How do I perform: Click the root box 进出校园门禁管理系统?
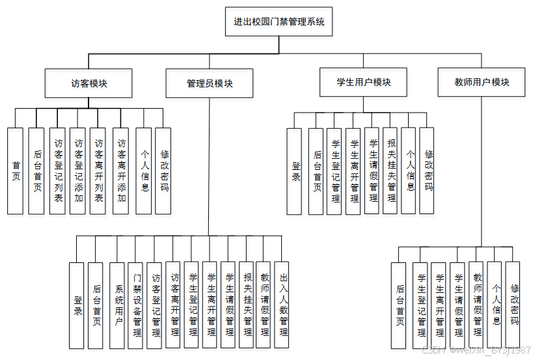pyautogui.click(x=279, y=22)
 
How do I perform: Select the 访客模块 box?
pyautogui.click(x=89, y=83)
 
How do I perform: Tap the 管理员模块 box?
pyautogui.click(x=210, y=83)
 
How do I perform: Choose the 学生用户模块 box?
pyautogui.click(x=364, y=82)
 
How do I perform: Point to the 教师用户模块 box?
pyautogui.click(x=482, y=82)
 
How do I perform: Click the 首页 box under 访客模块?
pyautogui.click(x=16, y=171)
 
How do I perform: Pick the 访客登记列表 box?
pyautogui.click(x=58, y=171)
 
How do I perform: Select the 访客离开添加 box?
pyautogui.click(x=121, y=171)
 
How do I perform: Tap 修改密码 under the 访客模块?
pyautogui.click(x=164, y=171)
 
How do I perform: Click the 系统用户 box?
pyautogui.click(x=117, y=306)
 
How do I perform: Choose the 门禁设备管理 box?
pyautogui.click(x=136, y=306)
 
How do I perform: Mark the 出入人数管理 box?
pyautogui.click(x=282, y=306)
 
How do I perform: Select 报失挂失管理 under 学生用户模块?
pyautogui.click(x=390, y=171)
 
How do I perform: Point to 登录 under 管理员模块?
pyautogui.click(x=77, y=306)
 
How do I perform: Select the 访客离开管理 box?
pyautogui.click(x=173, y=306)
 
